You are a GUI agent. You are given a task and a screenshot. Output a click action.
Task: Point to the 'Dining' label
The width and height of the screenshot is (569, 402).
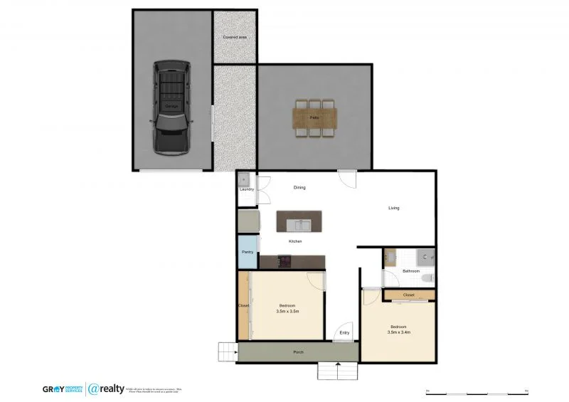tap(299, 188)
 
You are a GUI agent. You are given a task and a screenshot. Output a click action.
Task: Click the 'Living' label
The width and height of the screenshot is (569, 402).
tap(393, 208)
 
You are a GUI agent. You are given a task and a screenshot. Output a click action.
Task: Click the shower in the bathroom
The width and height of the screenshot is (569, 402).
tap(425, 257)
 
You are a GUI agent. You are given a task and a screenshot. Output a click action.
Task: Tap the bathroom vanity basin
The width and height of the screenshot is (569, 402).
tap(390, 257)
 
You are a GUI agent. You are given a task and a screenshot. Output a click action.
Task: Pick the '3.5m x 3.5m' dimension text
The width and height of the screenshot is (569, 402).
tap(287, 311)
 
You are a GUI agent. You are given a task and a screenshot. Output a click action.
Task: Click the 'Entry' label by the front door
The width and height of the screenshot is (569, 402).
tap(344, 333)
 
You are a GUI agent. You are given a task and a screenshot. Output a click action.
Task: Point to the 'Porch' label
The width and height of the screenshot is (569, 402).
tap(299, 352)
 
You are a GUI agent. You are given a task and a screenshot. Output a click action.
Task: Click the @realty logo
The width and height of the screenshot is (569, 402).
tap(107, 389)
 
